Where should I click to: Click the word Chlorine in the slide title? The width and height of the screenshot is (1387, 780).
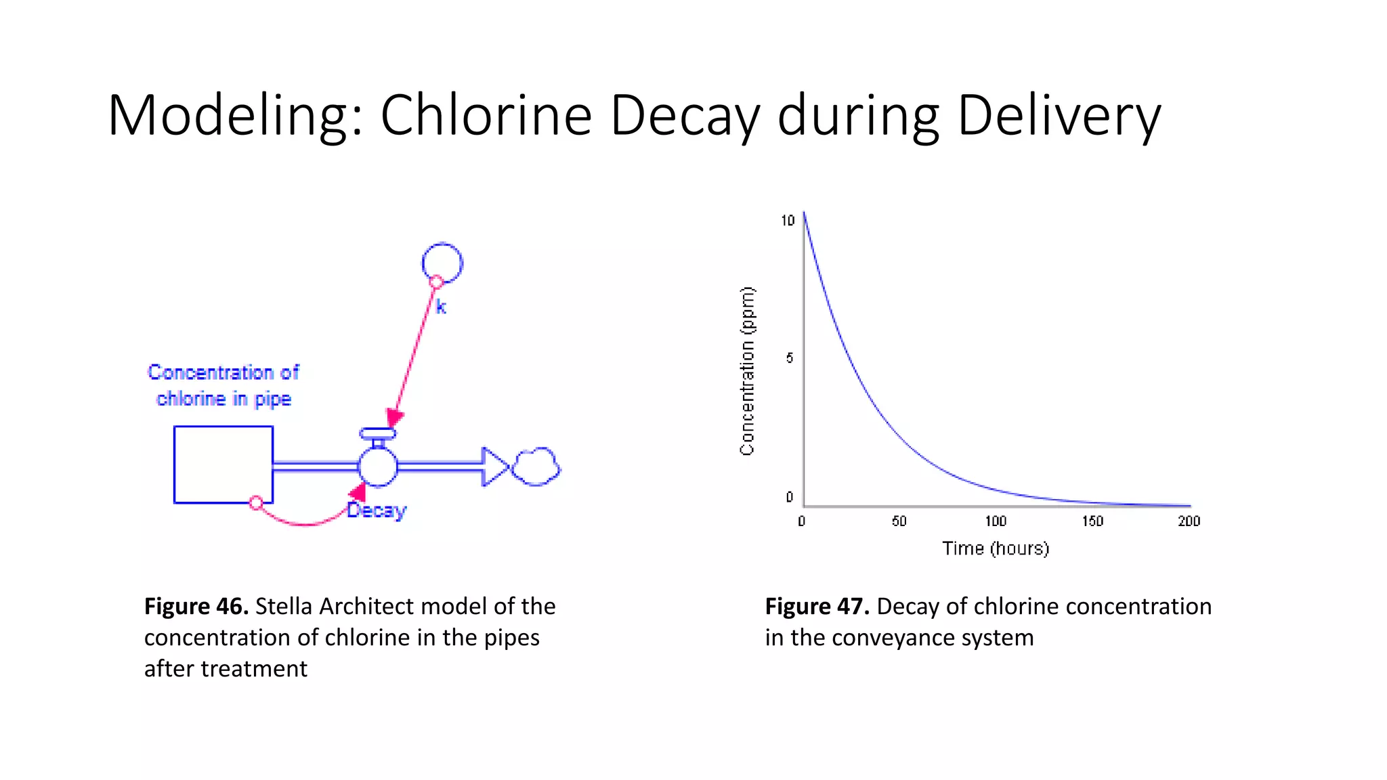(486, 115)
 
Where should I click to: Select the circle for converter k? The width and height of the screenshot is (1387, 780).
(442, 262)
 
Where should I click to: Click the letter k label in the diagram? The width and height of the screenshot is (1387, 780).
(441, 307)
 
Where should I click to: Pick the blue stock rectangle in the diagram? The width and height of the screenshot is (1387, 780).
(223, 464)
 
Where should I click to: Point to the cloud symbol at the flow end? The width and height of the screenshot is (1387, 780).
(536, 467)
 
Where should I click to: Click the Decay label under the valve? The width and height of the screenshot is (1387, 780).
(377, 511)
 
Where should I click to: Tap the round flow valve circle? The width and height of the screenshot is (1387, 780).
(377, 467)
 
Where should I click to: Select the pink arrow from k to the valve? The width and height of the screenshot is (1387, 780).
(414, 352)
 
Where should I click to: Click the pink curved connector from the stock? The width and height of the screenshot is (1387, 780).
(305, 522)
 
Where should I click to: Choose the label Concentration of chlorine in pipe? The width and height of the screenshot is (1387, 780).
(223, 385)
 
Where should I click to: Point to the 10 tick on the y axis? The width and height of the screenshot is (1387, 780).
(788, 221)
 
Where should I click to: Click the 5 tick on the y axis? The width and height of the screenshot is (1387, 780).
(790, 357)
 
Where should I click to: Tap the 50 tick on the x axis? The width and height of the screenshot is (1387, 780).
(899, 521)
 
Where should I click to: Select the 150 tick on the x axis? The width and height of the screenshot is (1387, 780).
(1092, 521)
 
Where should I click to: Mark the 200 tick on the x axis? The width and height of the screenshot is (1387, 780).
(1189, 521)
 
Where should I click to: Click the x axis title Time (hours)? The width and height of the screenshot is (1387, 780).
(996, 548)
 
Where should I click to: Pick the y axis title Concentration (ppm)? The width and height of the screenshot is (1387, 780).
(747, 371)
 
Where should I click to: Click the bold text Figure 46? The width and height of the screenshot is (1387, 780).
(196, 606)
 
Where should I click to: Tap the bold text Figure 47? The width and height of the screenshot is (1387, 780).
(817, 606)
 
